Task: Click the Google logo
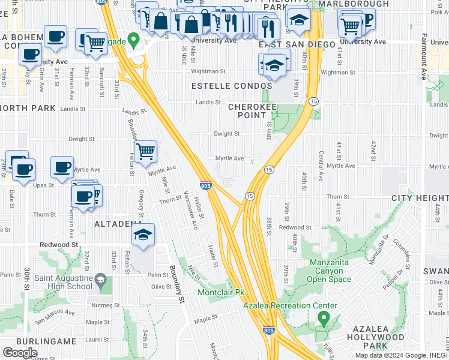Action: (x=20, y=353)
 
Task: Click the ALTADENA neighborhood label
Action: (x=117, y=223)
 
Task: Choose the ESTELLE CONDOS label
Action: (x=231, y=86)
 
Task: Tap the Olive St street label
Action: (x=161, y=287)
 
